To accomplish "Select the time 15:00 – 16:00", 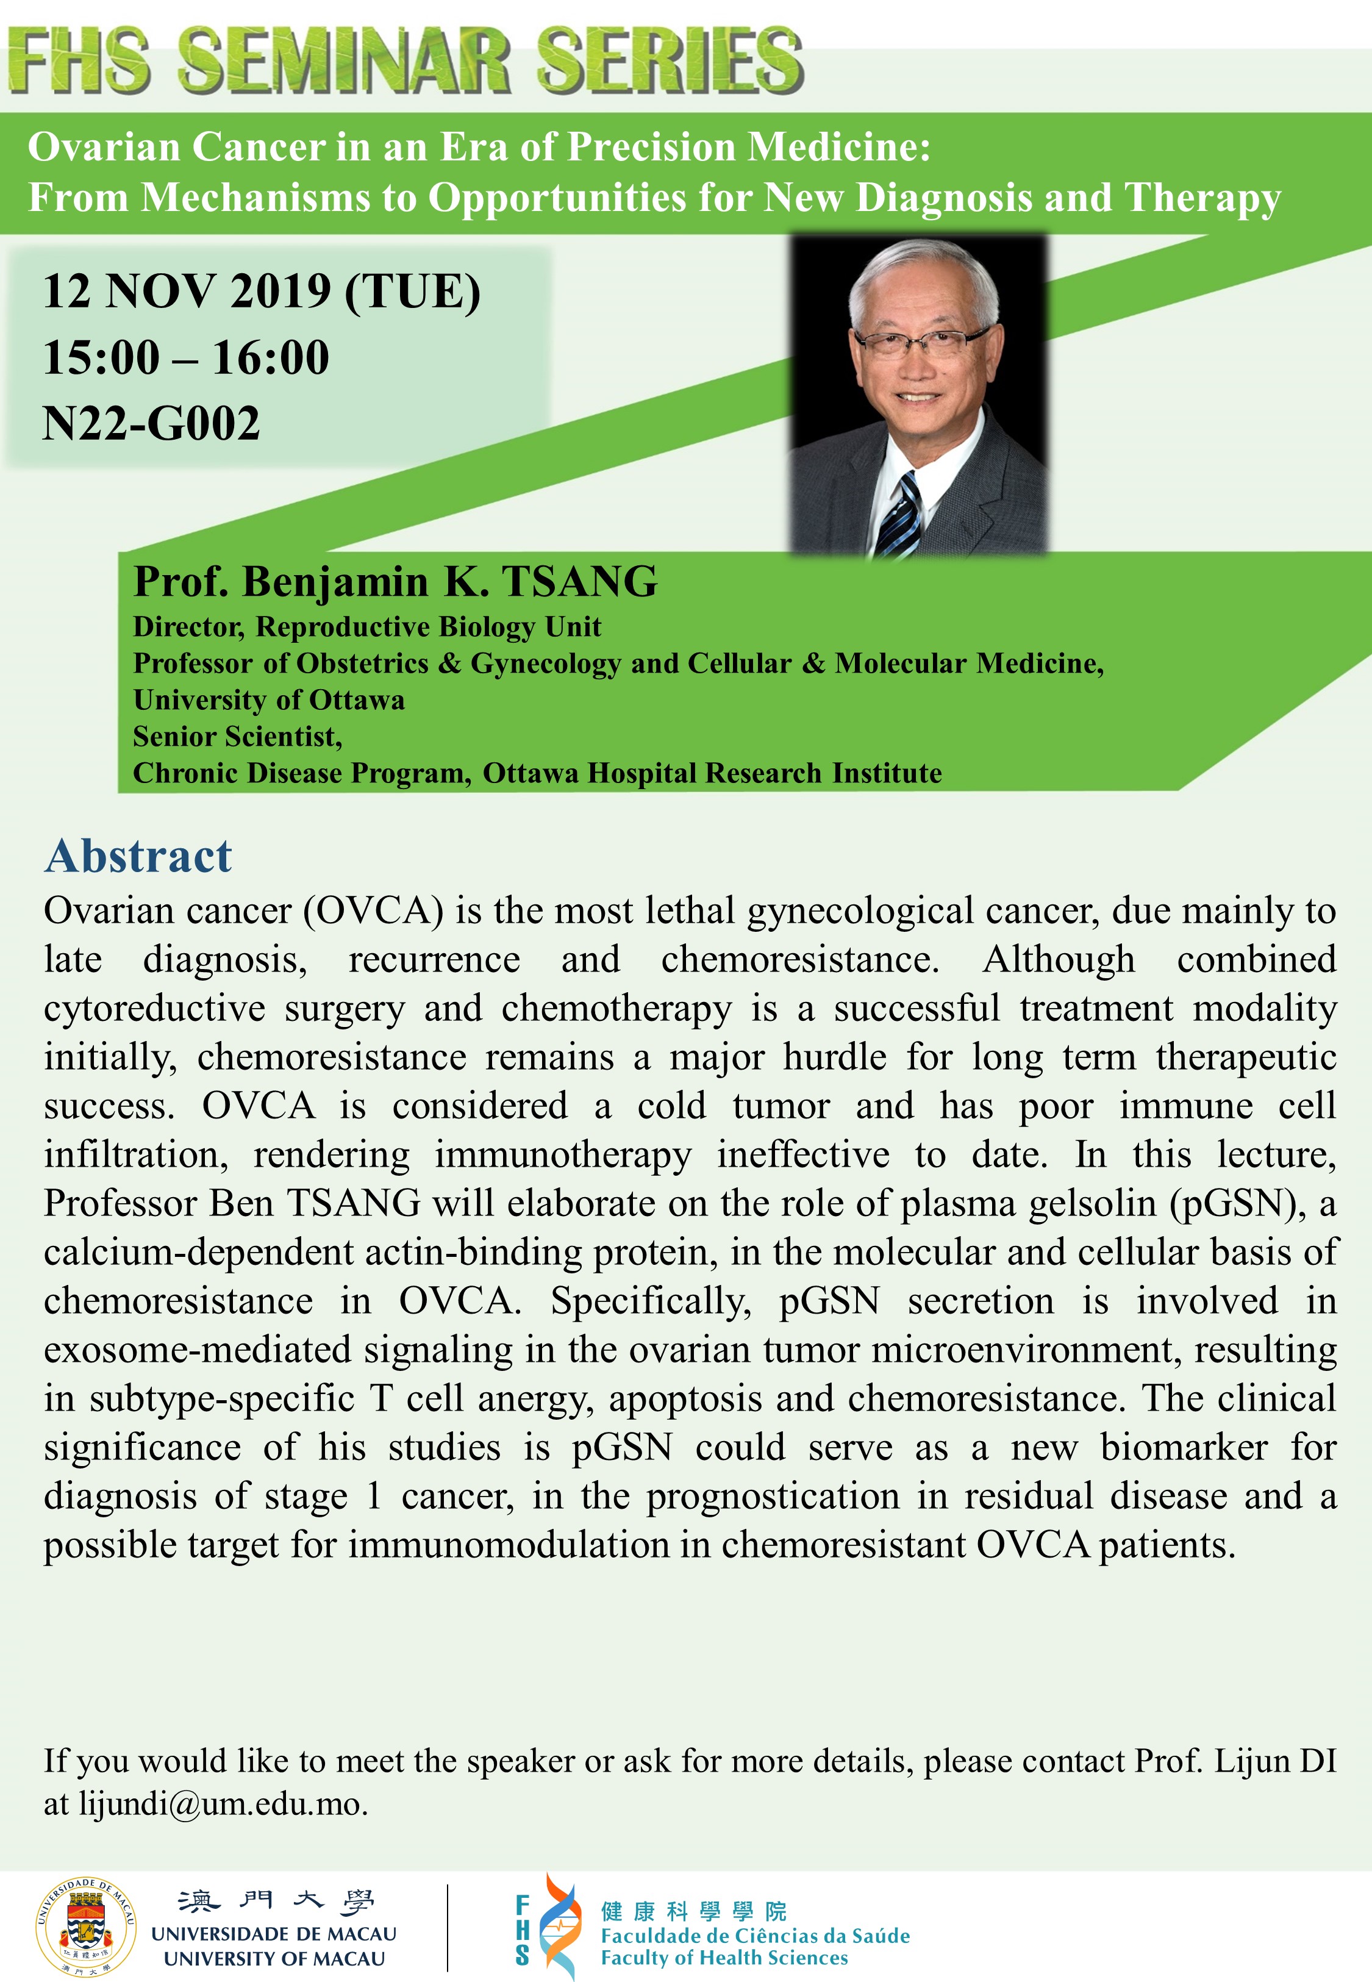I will coord(186,357).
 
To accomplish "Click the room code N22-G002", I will coord(151,423).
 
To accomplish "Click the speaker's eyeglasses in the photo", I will coord(919,340).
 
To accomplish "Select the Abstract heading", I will coord(138,856).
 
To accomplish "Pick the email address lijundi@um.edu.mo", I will coord(223,1803).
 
